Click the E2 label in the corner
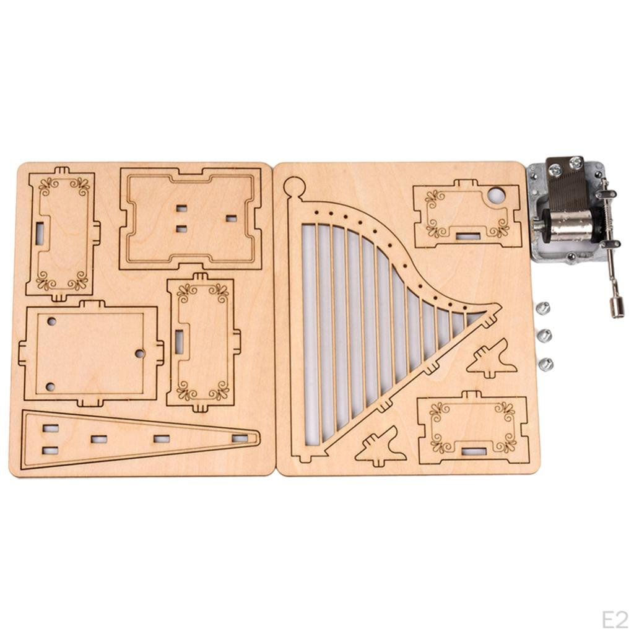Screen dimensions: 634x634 (x=615, y=619)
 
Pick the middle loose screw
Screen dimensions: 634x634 (x=544, y=335)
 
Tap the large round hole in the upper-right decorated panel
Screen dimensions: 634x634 (x=498, y=195)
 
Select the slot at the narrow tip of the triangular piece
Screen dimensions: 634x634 (x=240, y=438)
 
